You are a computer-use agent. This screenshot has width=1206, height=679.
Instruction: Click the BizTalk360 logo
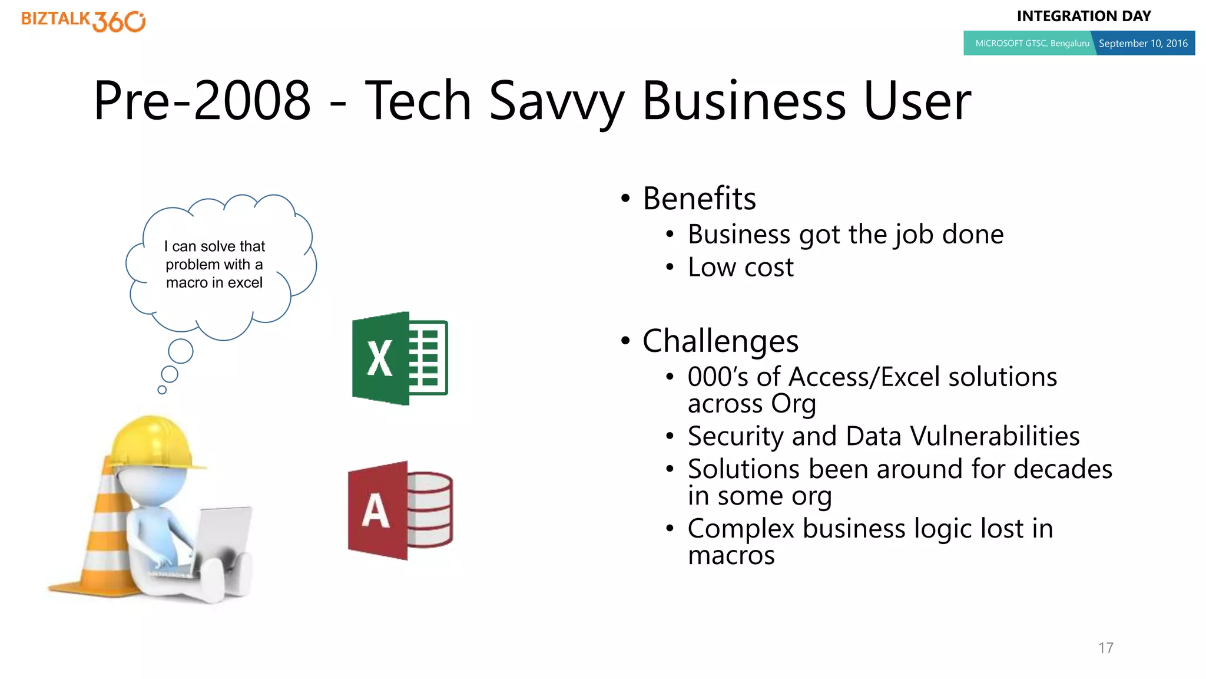[x=83, y=21]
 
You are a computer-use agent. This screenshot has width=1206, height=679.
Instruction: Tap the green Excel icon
[x=399, y=358]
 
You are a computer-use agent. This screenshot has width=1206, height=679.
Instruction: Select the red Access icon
[x=400, y=510]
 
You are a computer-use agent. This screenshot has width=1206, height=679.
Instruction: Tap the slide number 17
[x=1105, y=648]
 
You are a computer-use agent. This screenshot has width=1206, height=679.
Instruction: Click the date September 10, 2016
[x=1143, y=44]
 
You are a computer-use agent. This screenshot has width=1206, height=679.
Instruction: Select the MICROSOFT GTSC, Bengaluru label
[x=1032, y=44]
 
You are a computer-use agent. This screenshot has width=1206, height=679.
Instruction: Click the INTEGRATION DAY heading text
[x=1084, y=17]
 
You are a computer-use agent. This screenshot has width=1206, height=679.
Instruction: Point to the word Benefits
[x=699, y=199]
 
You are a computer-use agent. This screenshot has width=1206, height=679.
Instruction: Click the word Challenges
[x=720, y=341]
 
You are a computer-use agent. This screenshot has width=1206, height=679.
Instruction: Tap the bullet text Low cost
[x=740, y=268]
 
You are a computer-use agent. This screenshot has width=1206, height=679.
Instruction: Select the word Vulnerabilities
[x=995, y=436]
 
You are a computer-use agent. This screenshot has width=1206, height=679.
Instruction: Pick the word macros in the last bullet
[x=731, y=555]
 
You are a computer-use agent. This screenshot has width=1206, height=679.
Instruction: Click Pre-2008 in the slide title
[x=202, y=101]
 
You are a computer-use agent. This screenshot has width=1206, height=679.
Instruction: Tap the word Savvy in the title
[x=556, y=101]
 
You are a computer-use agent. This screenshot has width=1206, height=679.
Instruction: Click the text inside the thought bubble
[x=214, y=265]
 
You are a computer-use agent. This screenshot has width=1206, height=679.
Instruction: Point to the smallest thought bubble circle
[x=162, y=390]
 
